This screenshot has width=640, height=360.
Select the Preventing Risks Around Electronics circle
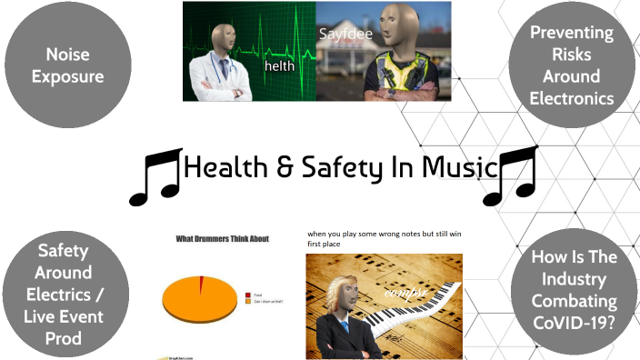pos(572,65)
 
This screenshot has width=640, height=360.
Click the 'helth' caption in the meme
pos(278,66)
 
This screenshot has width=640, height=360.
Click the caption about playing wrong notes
pos(381,239)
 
